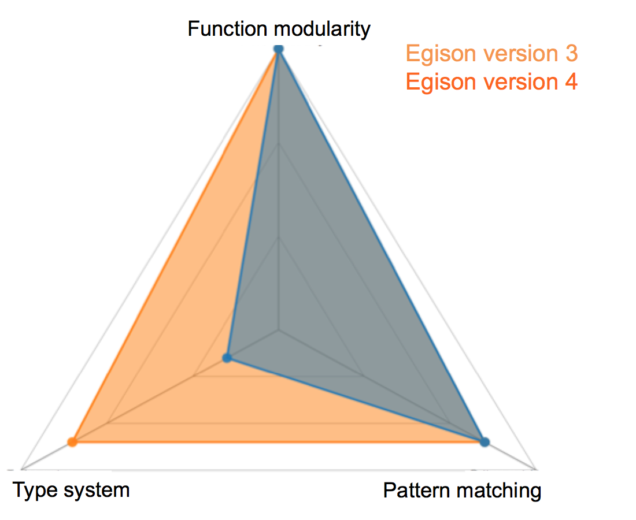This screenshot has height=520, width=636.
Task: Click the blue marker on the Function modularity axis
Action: point(279,49)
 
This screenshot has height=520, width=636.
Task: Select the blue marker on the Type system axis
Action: point(228,358)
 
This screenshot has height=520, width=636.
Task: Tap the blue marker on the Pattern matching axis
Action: point(485,442)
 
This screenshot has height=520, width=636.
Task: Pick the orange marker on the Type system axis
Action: point(72,442)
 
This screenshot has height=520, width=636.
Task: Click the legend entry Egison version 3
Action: point(491,54)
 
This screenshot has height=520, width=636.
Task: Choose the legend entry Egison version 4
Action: point(491,82)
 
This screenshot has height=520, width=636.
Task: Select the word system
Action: point(97,491)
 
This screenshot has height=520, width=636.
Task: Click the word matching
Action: point(498,491)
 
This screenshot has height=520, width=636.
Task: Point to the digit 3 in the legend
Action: point(572,54)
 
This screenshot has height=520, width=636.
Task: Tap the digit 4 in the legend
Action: point(571,82)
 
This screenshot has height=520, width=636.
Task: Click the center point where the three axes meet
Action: point(279,330)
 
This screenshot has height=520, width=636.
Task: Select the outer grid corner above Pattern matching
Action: point(536,470)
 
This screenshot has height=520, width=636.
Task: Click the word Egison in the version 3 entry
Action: point(441,54)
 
